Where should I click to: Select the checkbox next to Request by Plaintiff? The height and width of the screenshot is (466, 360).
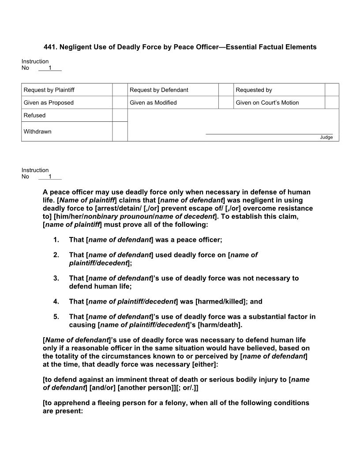120,90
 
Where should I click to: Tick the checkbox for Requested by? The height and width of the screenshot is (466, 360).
332,90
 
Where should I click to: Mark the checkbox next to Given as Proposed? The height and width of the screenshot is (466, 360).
120,103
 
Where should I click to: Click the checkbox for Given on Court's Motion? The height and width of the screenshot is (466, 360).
332,103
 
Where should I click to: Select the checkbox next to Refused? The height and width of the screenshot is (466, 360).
120,115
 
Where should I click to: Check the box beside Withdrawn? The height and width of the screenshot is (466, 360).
120,132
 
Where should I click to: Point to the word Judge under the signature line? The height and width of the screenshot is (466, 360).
326,137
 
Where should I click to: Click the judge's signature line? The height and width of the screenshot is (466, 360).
269,133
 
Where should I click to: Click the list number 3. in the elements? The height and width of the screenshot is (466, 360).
56,278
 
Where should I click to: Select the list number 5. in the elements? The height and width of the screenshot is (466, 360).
56,317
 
